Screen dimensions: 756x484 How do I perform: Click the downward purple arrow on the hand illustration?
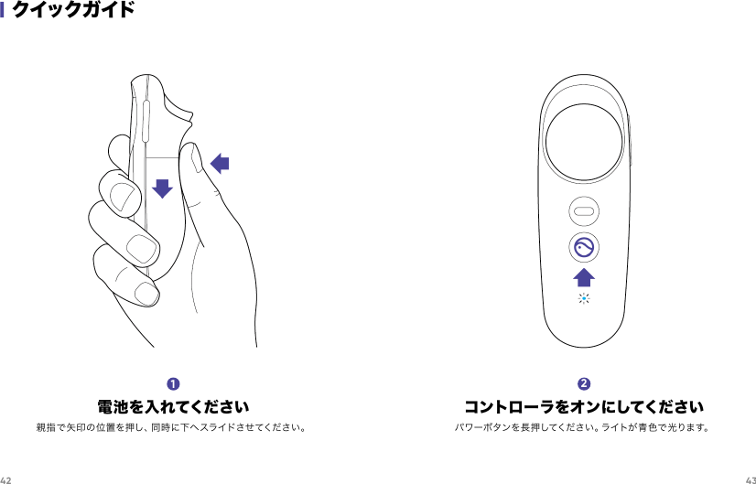click(162, 188)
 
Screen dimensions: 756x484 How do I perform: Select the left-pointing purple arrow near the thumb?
click(220, 164)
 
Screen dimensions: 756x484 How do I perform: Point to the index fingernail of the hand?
click(117, 193)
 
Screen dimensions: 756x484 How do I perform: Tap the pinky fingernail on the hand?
click(145, 294)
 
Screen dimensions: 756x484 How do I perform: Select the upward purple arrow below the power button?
click(583, 277)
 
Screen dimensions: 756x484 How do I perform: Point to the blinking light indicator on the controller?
click(583, 300)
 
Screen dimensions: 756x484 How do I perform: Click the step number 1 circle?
click(173, 382)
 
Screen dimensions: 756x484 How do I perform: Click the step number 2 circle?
click(584, 382)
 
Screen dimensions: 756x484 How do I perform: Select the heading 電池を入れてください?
click(173, 405)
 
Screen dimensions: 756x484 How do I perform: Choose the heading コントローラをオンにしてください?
click(584, 405)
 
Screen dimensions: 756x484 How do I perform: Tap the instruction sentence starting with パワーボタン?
click(583, 427)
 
